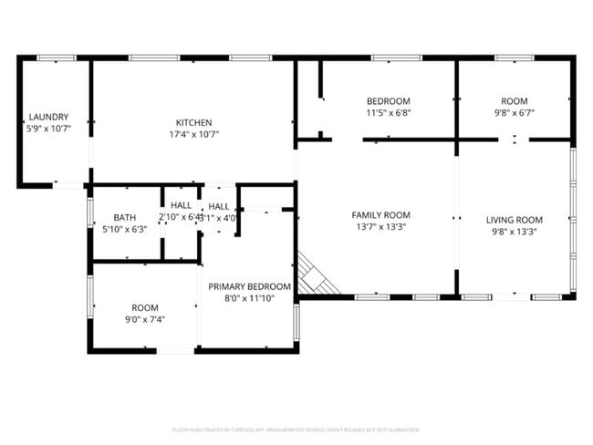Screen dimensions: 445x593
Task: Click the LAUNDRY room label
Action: point(48,118)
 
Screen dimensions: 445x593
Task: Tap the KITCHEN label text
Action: point(194,123)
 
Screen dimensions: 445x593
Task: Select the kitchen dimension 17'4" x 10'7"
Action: point(194,135)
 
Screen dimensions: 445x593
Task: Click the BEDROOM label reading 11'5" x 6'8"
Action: point(388,101)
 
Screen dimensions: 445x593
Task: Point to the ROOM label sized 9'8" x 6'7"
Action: point(515,101)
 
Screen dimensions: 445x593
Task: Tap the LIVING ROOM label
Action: point(514,220)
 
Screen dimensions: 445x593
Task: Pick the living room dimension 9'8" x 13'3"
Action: point(514,232)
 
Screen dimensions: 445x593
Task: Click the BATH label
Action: point(125,218)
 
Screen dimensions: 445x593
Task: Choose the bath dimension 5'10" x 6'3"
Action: point(125,230)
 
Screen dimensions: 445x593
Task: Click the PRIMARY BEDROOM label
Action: point(248,286)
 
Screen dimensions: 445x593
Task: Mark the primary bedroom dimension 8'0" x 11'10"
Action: point(248,298)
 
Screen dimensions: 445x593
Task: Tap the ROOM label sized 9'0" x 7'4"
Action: point(145,308)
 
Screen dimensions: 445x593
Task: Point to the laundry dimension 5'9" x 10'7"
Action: point(48,129)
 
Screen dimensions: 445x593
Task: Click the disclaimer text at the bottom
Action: point(296,429)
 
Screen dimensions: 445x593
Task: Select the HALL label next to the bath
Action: point(180,206)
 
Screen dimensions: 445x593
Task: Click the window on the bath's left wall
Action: point(89,212)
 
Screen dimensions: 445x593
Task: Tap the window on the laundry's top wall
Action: point(56,58)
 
